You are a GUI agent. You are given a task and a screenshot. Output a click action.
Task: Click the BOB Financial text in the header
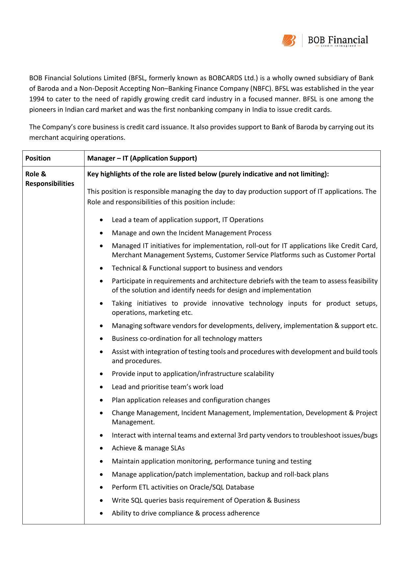[x=338, y=40]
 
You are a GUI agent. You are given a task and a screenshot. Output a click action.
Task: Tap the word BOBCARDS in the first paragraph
[x=225, y=78]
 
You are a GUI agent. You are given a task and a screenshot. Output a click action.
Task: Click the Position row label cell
[x=38, y=158]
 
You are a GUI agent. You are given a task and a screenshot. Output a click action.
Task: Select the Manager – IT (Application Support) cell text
[x=142, y=158]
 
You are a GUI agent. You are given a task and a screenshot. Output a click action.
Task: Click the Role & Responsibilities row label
[x=49, y=179]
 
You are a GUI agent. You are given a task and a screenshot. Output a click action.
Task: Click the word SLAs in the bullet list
[x=178, y=448]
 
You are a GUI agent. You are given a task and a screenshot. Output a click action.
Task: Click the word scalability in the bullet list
[x=259, y=374]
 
